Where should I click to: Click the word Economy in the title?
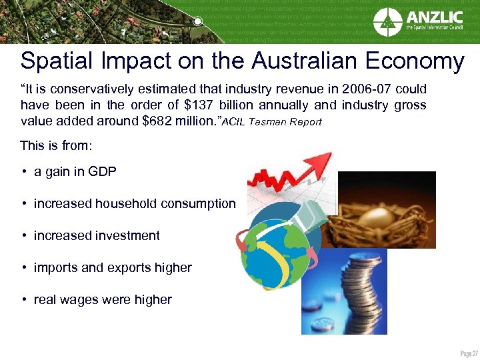tap(413, 61)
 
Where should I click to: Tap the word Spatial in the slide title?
tap(61, 61)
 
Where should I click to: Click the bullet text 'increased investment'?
tap(97, 235)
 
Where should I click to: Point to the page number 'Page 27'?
tap(465, 352)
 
